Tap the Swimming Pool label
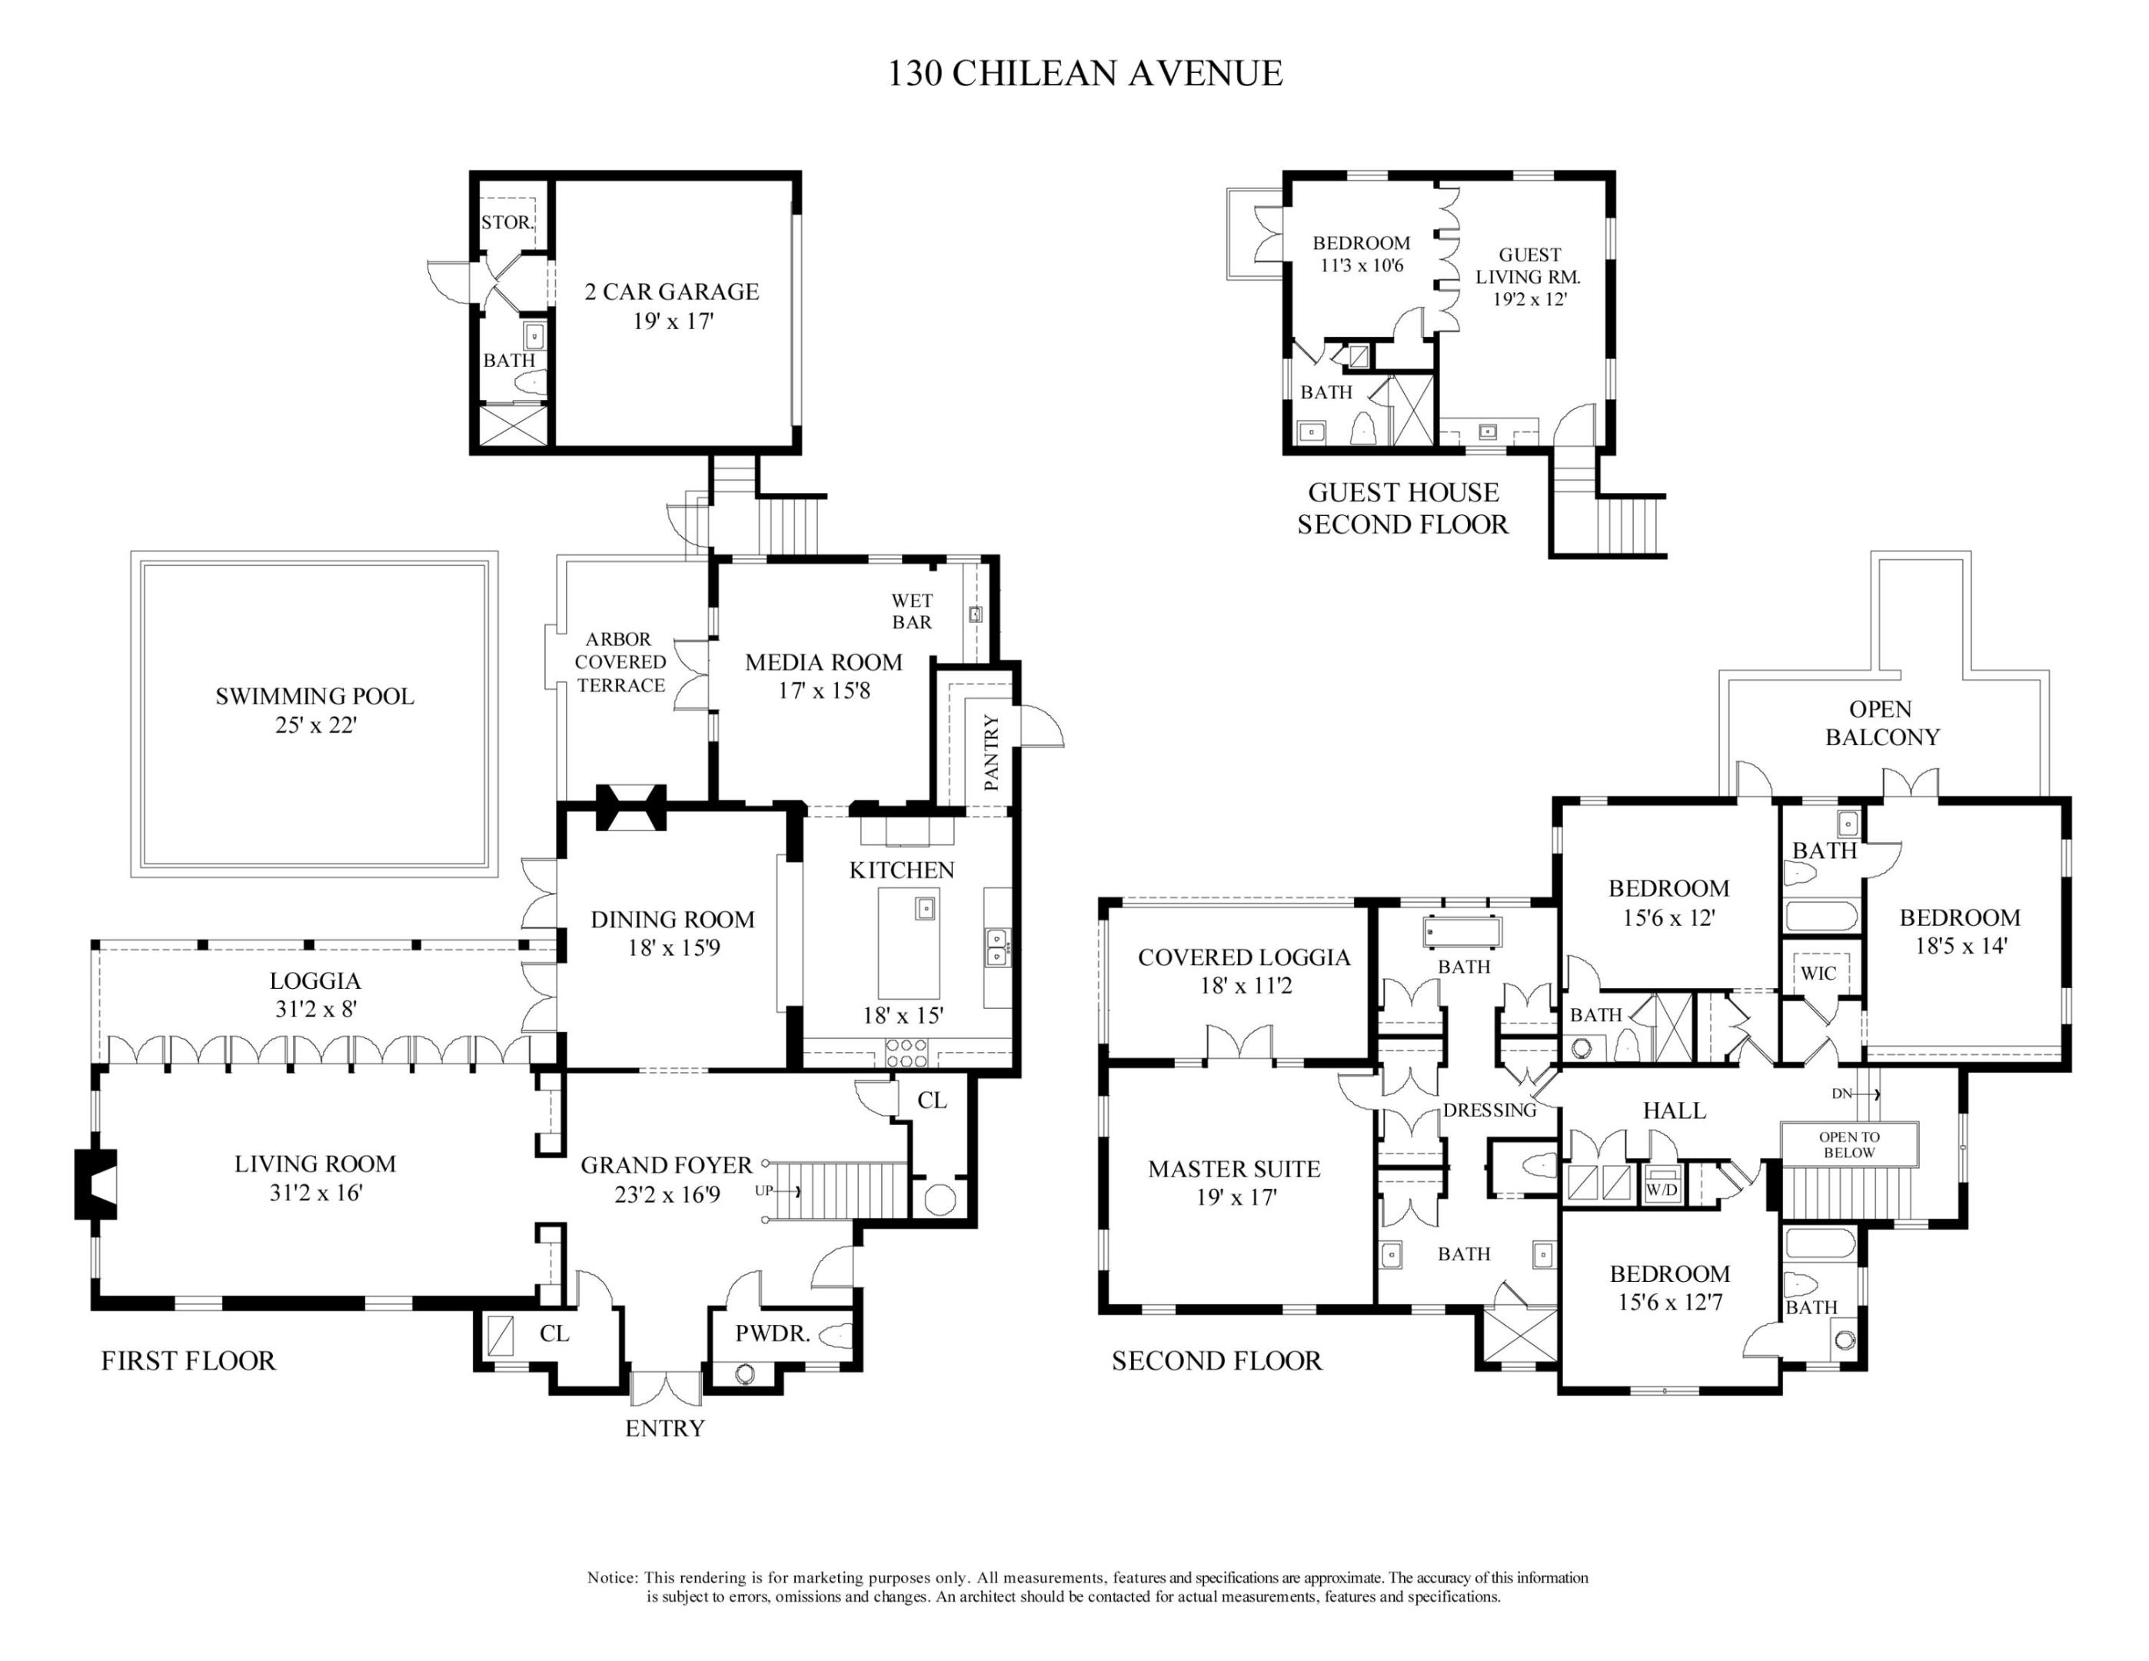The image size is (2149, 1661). [x=315, y=696]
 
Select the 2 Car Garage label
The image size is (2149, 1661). [x=672, y=291]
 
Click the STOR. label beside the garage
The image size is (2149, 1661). [x=507, y=222]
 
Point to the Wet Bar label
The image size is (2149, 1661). [x=911, y=611]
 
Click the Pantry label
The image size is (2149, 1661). [x=991, y=752]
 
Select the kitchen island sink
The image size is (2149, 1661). [x=925, y=907]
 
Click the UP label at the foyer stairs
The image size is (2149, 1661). [x=763, y=1190]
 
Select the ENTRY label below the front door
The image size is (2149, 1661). [x=665, y=1428]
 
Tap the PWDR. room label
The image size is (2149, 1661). [x=773, y=1334]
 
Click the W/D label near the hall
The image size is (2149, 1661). [x=1662, y=1189]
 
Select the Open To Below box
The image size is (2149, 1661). [x=1850, y=1144]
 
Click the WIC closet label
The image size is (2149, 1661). [x=1818, y=974]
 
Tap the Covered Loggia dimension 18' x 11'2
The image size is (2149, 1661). [x=1245, y=986]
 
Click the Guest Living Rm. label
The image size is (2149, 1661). [x=1529, y=265]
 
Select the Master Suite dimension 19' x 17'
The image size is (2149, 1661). [x=1236, y=1197]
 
